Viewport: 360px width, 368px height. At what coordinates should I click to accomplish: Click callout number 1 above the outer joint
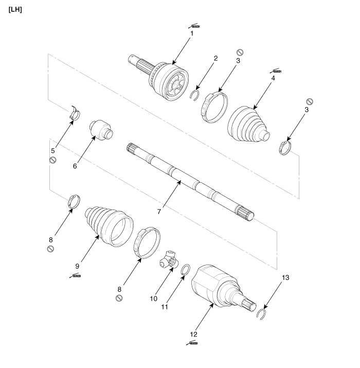point(192,33)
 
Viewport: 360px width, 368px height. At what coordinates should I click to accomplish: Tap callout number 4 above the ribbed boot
point(274,79)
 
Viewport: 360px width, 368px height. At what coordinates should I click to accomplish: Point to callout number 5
point(53,150)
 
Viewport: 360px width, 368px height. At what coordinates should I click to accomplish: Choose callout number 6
point(75,165)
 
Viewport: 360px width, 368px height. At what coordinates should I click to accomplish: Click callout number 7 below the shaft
point(159,210)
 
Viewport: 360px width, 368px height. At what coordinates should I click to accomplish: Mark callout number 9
point(77,267)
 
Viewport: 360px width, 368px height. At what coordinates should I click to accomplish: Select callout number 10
point(152,298)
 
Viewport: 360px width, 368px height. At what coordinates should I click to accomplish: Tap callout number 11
point(165,307)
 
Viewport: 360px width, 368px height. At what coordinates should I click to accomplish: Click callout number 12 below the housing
point(193,334)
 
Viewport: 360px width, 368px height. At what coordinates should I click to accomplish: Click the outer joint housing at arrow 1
point(170,82)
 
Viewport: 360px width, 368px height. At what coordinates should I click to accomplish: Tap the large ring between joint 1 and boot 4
point(214,106)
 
